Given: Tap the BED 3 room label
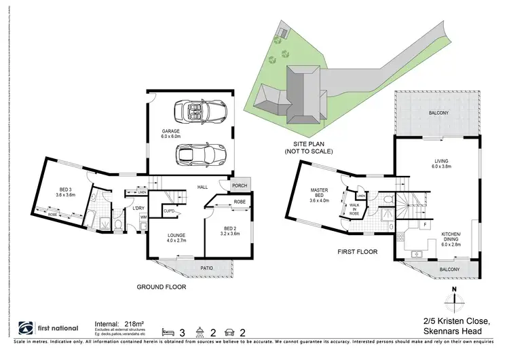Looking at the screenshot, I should [x=64, y=192].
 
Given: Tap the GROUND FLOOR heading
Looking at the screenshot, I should [x=162, y=287].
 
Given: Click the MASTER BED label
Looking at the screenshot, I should [x=318, y=194].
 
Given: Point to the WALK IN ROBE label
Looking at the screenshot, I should [x=354, y=208].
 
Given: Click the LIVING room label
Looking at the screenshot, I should [x=442, y=163].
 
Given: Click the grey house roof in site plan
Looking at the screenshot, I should [x=299, y=95].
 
